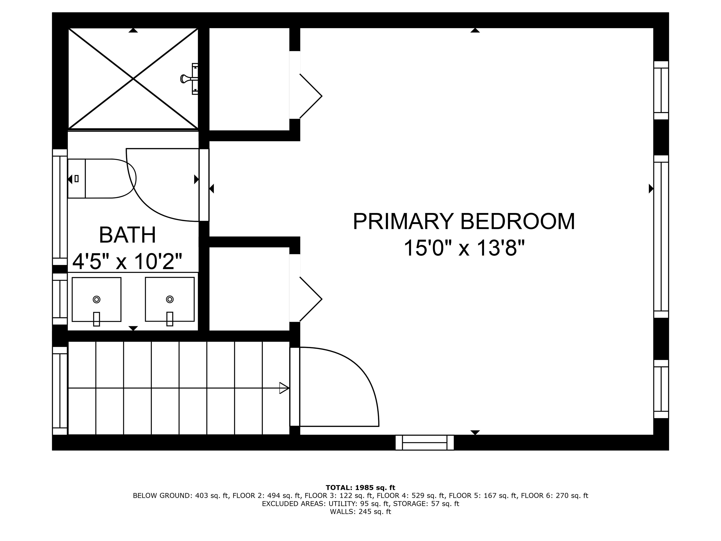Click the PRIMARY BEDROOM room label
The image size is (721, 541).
coord(464,222)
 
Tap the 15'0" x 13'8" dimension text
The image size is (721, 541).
coord(464,248)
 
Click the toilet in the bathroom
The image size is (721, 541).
coord(101,178)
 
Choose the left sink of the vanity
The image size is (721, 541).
coord(96,299)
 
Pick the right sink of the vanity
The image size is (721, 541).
coord(169,299)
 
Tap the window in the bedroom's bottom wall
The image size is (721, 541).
coord(424,443)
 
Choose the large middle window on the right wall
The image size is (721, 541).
coord(661,236)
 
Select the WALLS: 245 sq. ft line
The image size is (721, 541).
coord(360,512)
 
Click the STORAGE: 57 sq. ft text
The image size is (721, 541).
coord(426,504)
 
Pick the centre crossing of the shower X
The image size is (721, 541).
coord(133,79)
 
